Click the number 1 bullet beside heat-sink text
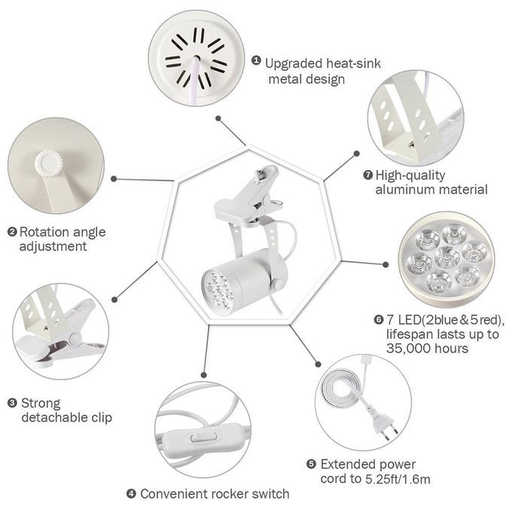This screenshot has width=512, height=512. tap(256, 60)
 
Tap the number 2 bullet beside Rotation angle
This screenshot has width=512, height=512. tap(12, 232)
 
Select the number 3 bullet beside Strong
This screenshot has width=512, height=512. tap(12, 403)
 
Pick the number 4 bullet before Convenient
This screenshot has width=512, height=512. tap(131, 493)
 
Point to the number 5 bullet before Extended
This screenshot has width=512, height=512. tap(311, 464)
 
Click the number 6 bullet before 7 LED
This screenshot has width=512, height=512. tap(378, 319)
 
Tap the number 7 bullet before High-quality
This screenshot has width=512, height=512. tap(368, 175)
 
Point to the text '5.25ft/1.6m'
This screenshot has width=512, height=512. tap(398, 479)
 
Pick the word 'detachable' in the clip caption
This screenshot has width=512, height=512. tap(59, 417)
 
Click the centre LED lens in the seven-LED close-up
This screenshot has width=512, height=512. tap(446, 256)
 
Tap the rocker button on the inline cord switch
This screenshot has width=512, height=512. tap(204, 437)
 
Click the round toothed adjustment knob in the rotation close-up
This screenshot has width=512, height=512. tap(49, 163)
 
